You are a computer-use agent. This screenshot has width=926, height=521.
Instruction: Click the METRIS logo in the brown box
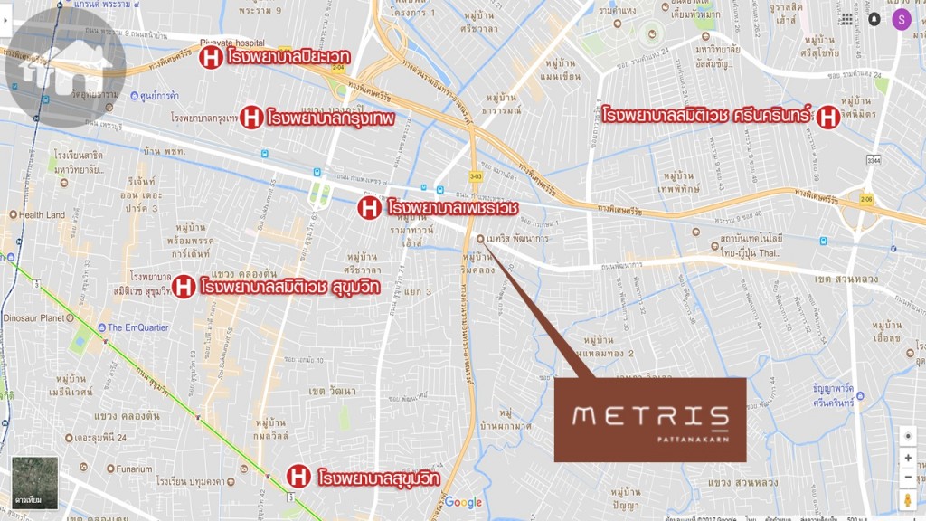click(650, 417)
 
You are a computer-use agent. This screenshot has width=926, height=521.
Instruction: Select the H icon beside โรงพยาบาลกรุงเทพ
click(251, 117)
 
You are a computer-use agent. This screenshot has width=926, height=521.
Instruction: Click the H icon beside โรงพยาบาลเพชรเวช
click(369, 208)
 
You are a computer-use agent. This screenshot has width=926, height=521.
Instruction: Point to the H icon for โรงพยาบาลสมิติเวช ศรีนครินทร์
click(827, 117)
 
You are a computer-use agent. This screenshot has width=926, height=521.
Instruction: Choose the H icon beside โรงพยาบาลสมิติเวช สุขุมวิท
click(183, 288)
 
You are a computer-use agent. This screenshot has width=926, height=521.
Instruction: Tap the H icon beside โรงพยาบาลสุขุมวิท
click(298, 476)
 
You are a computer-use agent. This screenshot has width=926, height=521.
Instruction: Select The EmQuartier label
click(137, 327)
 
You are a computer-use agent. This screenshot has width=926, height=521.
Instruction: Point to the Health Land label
click(42, 215)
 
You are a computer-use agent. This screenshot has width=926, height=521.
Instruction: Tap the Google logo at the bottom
click(463, 503)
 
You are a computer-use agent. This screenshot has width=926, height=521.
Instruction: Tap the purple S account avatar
click(901, 19)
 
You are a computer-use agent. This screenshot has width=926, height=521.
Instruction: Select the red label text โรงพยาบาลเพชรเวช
click(452, 208)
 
